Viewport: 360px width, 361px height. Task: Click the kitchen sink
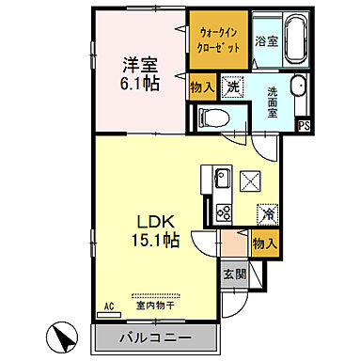pos(223,178)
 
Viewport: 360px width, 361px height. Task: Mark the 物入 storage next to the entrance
pos(264,243)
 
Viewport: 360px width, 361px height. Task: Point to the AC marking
pos(108,306)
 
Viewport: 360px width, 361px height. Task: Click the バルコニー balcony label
pos(155,337)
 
